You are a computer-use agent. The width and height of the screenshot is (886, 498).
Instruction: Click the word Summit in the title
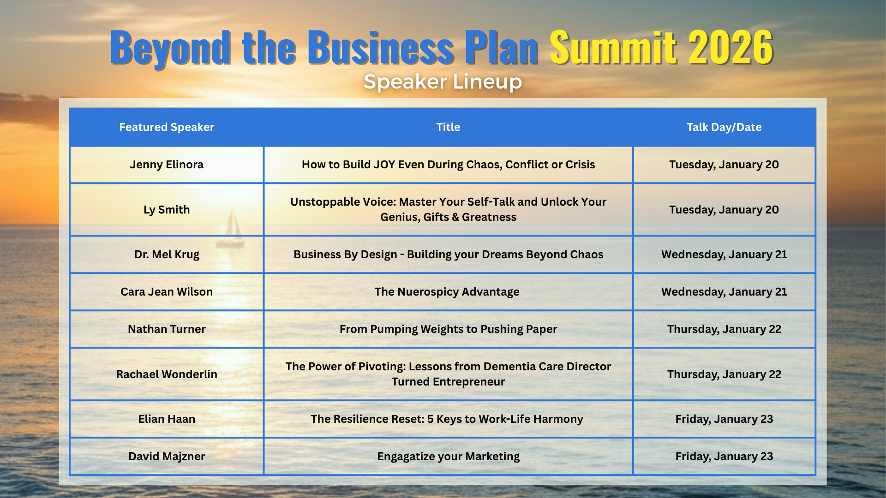[613, 47]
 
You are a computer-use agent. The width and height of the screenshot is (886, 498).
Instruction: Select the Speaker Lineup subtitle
[443, 82]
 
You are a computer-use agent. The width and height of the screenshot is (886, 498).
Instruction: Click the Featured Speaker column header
[167, 127]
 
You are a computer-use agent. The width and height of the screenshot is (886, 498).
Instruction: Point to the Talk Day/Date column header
[724, 127]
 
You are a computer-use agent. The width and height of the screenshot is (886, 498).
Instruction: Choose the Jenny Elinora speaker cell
[167, 165]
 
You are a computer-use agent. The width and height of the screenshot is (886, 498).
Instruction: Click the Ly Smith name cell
[167, 210]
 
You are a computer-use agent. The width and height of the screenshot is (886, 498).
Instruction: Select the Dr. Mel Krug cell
[167, 255]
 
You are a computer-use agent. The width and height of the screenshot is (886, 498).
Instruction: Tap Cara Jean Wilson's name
[167, 292]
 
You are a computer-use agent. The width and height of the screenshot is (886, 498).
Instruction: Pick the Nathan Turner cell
[167, 329]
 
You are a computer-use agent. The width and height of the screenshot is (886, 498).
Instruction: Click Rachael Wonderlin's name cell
[167, 374]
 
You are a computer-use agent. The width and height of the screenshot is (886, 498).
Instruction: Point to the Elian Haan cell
[167, 419]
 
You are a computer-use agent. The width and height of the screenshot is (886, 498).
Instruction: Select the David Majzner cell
[167, 456]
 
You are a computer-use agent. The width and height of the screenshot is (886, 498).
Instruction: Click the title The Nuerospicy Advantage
[447, 292]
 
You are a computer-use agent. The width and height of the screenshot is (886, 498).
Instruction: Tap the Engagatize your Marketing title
[449, 456]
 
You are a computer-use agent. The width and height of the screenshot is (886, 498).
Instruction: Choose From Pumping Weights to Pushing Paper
[449, 329]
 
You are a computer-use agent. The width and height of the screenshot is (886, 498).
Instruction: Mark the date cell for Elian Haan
[724, 419]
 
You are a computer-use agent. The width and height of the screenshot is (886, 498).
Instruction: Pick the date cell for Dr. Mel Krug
[724, 255]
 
